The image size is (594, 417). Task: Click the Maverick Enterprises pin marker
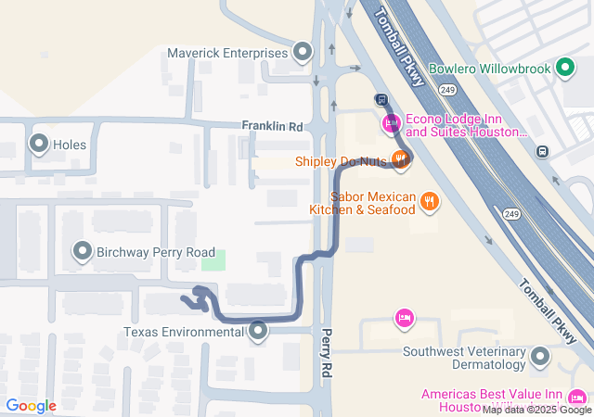point(303,53)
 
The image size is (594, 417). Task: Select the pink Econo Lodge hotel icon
point(391,123)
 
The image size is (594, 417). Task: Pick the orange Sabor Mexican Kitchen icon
point(428,200)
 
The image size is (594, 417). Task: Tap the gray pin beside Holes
point(39,144)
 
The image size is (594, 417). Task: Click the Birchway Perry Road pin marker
point(82,252)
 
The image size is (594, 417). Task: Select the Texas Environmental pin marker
point(258,331)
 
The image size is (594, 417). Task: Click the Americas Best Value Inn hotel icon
point(577,395)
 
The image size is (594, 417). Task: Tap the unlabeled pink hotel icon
point(403,319)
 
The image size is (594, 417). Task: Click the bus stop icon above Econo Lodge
point(381,99)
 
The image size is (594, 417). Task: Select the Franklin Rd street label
point(272,125)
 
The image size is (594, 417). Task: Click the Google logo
point(31,406)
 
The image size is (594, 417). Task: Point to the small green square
point(214,260)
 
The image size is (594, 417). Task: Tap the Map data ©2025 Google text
point(536,410)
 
